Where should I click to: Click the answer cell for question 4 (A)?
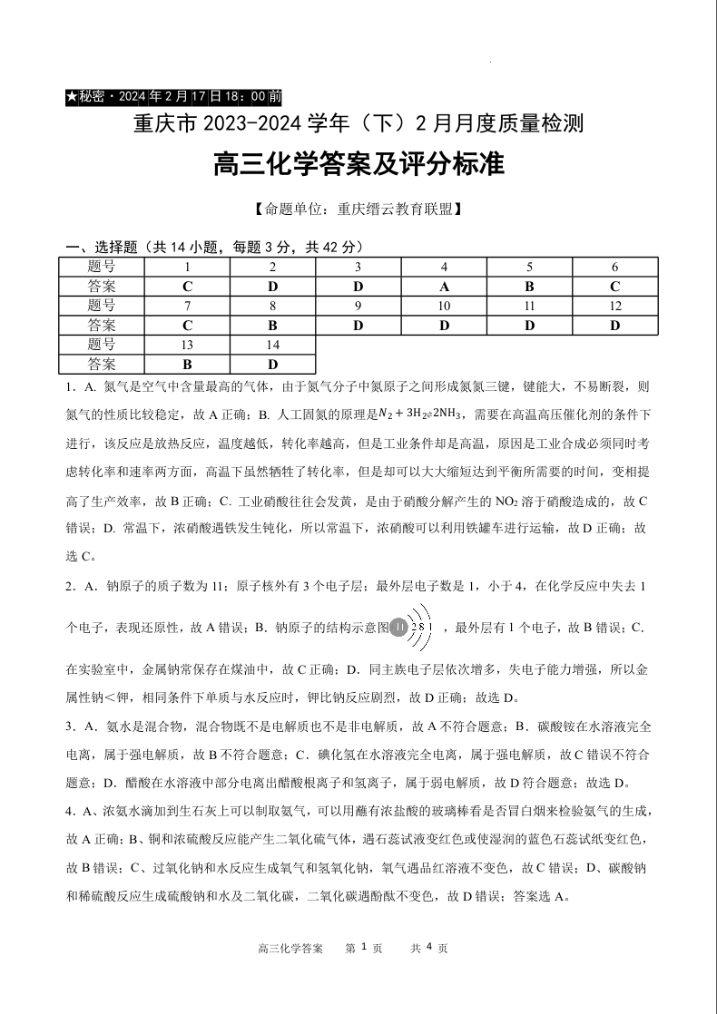[444, 287]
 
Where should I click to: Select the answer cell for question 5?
[530, 287]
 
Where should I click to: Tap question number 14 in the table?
[273, 345]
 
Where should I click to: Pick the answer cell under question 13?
[187, 365]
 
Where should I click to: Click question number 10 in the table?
[444, 306]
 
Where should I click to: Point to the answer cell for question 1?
[187, 287]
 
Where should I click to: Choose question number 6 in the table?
[614, 267]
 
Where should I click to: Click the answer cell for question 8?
[273, 326]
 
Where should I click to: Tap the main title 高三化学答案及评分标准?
[358, 166]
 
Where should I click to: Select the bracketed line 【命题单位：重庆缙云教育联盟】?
[358, 210]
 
